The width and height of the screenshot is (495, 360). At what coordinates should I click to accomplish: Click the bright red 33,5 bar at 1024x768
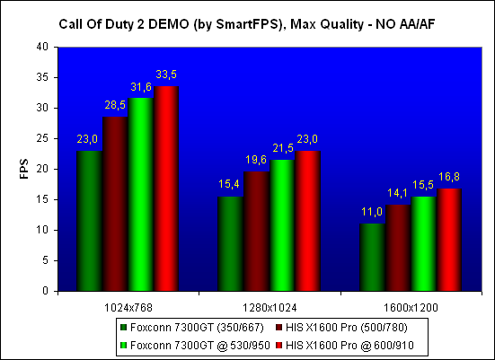tap(166, 189)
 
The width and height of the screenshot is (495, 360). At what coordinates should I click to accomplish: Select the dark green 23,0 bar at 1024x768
tap(89, 221)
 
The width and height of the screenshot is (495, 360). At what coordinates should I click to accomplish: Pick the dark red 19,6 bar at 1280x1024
tap(256, 232)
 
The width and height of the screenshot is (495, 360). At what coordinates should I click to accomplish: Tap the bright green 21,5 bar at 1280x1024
tap(282, 225)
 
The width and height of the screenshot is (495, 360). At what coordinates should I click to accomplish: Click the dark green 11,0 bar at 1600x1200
tap(373, 258)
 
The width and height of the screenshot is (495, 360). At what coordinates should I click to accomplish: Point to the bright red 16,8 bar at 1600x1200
tap(449, 240)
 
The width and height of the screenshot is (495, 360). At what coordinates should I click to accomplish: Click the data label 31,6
tap(141, 87)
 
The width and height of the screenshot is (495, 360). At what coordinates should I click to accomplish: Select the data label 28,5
tap(115, 105)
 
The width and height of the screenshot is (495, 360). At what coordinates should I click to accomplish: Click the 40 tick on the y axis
tap(42, 47)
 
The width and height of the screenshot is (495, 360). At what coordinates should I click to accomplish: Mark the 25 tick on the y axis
tap(42, 138)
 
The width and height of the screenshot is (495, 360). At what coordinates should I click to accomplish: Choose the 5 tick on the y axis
tap(46, 260)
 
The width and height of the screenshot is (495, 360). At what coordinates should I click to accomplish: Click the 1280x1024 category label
tap(270, 308)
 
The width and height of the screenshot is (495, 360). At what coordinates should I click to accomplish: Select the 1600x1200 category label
tap(411, 308)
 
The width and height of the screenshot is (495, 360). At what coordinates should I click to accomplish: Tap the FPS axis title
tap(24, 169)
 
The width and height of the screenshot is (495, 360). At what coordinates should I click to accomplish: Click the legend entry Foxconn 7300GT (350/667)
tap(192, 328)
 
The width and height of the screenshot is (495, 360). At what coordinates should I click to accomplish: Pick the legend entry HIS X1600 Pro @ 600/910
tap(345, 346)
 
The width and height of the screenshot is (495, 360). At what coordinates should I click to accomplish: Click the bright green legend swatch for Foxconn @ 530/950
tap(123, 346)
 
